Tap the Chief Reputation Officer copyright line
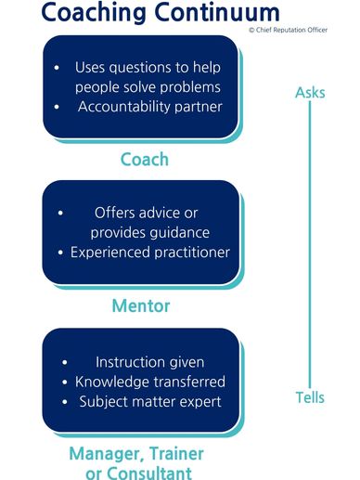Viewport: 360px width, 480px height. point(302,30)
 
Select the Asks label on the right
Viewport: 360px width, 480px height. point(309,92)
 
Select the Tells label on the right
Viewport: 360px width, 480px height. point(310,397)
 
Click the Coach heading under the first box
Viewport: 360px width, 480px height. point(144,159)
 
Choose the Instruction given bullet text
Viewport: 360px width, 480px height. point(149,361)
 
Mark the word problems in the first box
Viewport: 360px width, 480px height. point(189,87)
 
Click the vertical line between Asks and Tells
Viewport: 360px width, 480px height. point(309,246)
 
